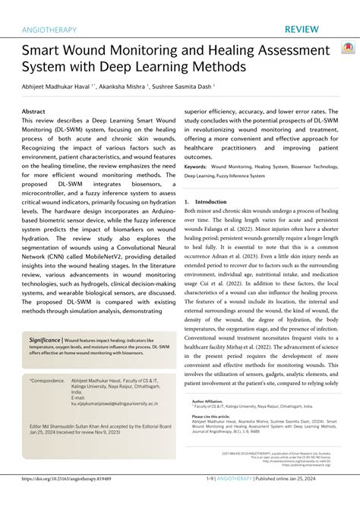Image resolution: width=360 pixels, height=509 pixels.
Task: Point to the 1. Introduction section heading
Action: tap(206, 201)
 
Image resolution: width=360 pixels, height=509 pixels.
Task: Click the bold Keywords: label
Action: tap(196, 166)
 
